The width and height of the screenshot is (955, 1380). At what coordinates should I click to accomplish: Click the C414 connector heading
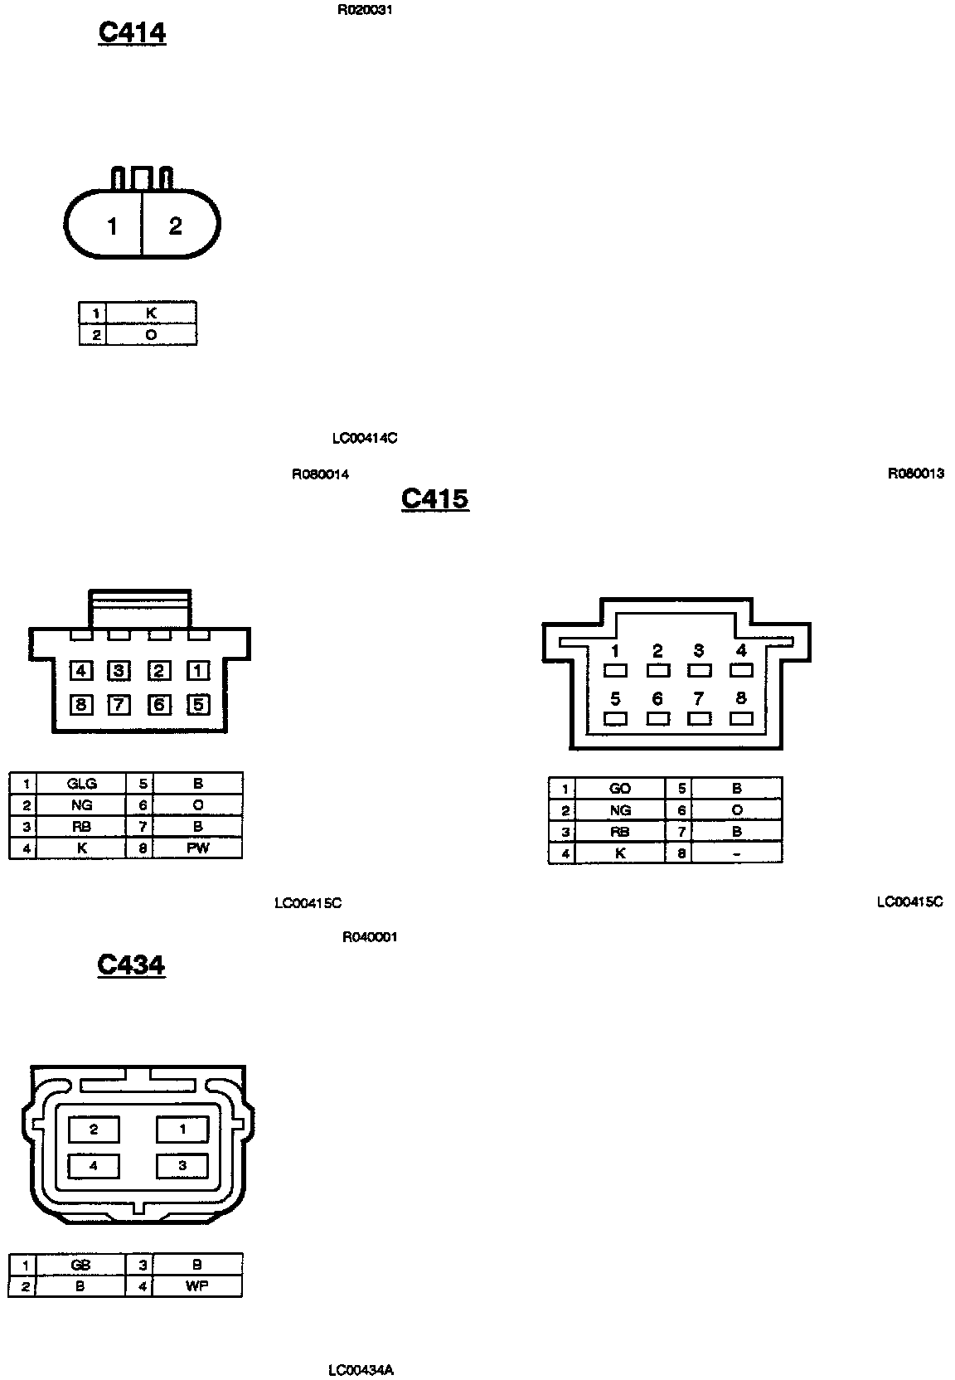(132, 32)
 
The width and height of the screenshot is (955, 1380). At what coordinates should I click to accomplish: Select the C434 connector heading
(131, 965)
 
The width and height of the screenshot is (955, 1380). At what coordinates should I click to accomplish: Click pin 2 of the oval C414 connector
(176, 226)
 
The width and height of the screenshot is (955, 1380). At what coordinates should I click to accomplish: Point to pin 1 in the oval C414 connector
(112, 226)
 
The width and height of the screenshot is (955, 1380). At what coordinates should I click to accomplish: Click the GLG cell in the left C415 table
(82, 784)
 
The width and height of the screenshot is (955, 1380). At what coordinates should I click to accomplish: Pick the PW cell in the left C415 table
(198, 848)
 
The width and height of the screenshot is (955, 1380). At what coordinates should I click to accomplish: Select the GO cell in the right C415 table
(620, 789)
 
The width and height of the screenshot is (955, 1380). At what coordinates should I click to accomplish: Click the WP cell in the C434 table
(197, 1286)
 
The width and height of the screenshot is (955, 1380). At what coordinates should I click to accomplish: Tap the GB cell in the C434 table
(80, 1265)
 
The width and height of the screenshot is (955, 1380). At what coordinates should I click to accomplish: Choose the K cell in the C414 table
(151, 313)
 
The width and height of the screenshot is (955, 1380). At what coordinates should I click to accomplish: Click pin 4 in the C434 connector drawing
(94, 1165)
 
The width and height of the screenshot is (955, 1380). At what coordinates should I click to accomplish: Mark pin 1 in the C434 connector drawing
(182, 1129)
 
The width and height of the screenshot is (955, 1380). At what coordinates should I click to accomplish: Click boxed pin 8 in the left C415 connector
(80, 705)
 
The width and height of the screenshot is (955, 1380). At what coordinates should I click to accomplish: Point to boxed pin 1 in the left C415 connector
(198, 670)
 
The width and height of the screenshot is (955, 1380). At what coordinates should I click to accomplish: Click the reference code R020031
(365, 11)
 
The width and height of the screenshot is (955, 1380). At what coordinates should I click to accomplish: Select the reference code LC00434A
(361, 1370)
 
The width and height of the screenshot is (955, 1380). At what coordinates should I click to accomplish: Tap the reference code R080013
(915, 474)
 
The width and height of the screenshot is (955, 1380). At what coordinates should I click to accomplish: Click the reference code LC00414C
(364, 438)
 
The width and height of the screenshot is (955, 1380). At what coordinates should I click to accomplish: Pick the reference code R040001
(370, 937)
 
